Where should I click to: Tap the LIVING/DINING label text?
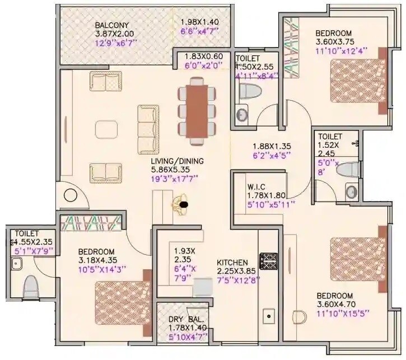(x=177, y=161)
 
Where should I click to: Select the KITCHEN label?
(x=232, y=262)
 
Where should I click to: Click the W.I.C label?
(x=257, y=186)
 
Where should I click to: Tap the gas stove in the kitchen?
(x=269, y=261)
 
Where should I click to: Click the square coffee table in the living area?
(x=106, y=129)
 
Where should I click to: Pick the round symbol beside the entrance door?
(x=71, y=196)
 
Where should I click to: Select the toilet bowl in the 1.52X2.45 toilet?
(x=348, y=169)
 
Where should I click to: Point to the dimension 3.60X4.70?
(x=335, y=305)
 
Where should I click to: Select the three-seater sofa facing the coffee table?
(x=148, y=129)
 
